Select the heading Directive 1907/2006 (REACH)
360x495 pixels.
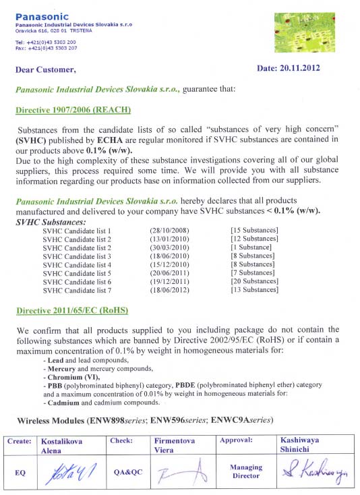tap(73, 109)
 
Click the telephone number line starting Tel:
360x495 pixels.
tap(46, 42)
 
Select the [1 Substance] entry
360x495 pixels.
tap(251, 247)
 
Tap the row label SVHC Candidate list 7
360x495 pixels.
tap(76, 290)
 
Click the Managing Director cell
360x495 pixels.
tap(245, 471)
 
